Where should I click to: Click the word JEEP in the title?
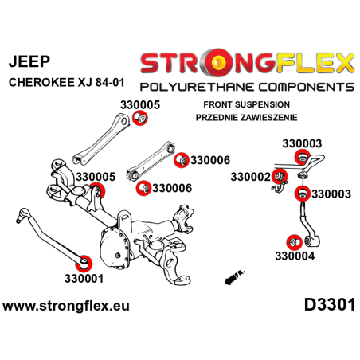27,59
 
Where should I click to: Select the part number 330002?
251,176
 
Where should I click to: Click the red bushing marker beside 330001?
85,261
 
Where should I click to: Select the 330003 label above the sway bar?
302,143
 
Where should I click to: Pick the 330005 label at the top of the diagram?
139,104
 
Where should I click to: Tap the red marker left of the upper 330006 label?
182,160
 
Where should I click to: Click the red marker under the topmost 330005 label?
140,119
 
